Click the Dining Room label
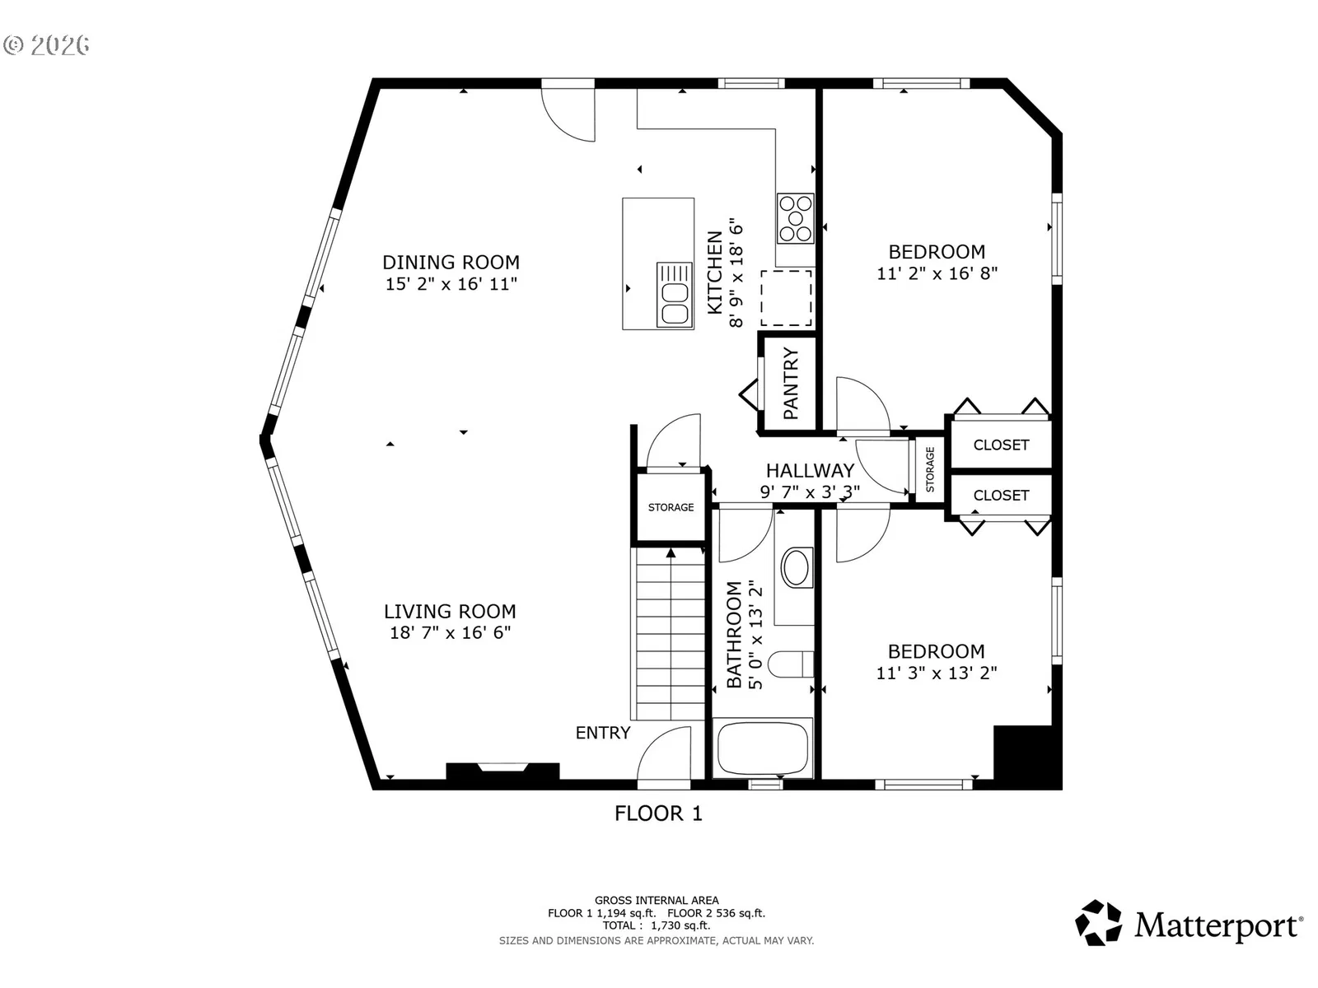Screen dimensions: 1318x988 pyautogui.click(x=451, y=262)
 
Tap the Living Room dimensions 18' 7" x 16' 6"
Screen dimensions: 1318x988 pyautogui.click(x=451, y=632)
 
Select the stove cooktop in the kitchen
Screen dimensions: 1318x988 pyautogui.click(x=796, y=218)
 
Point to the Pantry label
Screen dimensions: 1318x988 pyautogui.click(x=791, y=384)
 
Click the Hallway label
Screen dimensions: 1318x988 pyautogui.click(x=810, y=470)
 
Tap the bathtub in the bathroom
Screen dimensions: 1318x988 pyautogui.click(x=763, y=748)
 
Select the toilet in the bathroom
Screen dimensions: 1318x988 pyautogui.click(x=791, y=664)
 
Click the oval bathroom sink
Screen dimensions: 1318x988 pyautogui.click(x=797, y=567)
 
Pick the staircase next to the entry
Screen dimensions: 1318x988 pyautogui.click(x=668, y=633)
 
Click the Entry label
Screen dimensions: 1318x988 pyautogui.click(x=603, y=733)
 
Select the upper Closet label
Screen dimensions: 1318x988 pyautogui.click(x=1001, y=445)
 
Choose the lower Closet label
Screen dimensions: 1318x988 pyautogui.click(x=1001, y=496)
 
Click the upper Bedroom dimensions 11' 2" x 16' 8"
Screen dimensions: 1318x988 pyautogui.click(x=937, y=273)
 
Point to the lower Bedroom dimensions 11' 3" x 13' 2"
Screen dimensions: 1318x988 pyautogui.click(x=937, y=673)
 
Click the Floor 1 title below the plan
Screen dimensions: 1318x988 pyautogui.click(x=659, y=813)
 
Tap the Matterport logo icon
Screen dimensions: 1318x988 pyautogui.click(x=1098, y=923)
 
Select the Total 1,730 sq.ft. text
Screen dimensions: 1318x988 pyautogui.click(x=657, y=925)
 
